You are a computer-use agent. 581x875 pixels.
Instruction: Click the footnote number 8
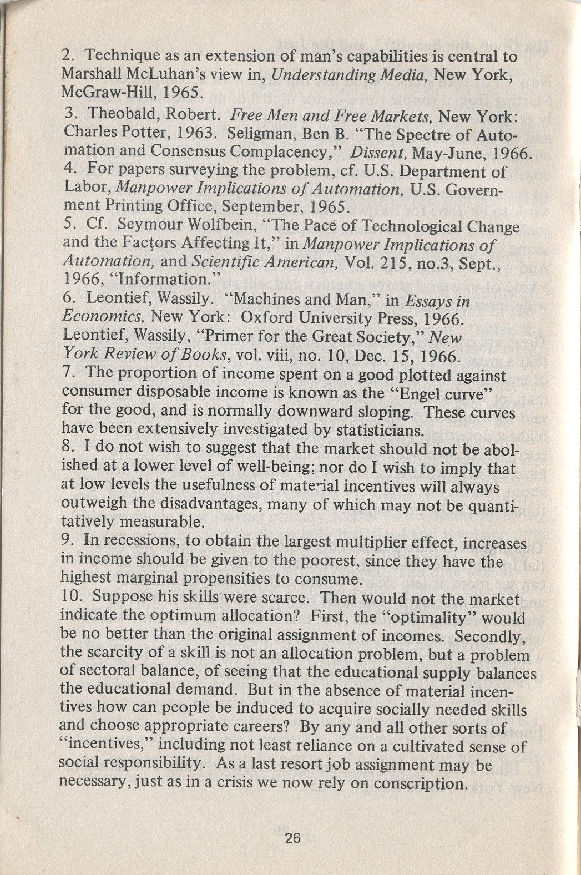click(69, 447)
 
